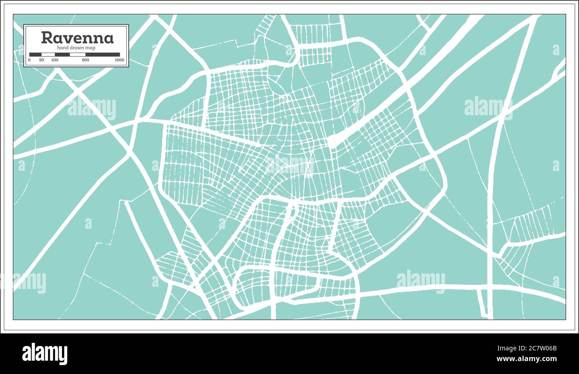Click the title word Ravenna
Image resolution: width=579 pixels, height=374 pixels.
[x=77, y=38]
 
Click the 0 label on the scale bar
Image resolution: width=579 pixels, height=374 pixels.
[x=29, y=60]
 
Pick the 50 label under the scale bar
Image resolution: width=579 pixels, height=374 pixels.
[x=41, y=60]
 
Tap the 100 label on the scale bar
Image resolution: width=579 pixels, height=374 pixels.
[x=54, y=60]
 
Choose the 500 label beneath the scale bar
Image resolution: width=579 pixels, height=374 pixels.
[x=86, y=60]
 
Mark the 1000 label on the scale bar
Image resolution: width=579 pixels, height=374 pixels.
[x=119, y=60]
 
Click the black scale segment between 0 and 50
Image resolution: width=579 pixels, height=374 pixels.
[x=35, y=55]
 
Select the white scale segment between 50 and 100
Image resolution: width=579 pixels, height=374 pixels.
[x=48, y=55]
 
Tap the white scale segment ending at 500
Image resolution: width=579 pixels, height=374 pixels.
[x=77, y=55]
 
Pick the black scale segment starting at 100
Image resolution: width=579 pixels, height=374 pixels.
[x=62, y=55]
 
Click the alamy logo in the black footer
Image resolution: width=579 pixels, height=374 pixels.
[x=45, y=354]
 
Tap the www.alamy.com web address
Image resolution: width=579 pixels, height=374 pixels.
[x=526, y=359]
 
